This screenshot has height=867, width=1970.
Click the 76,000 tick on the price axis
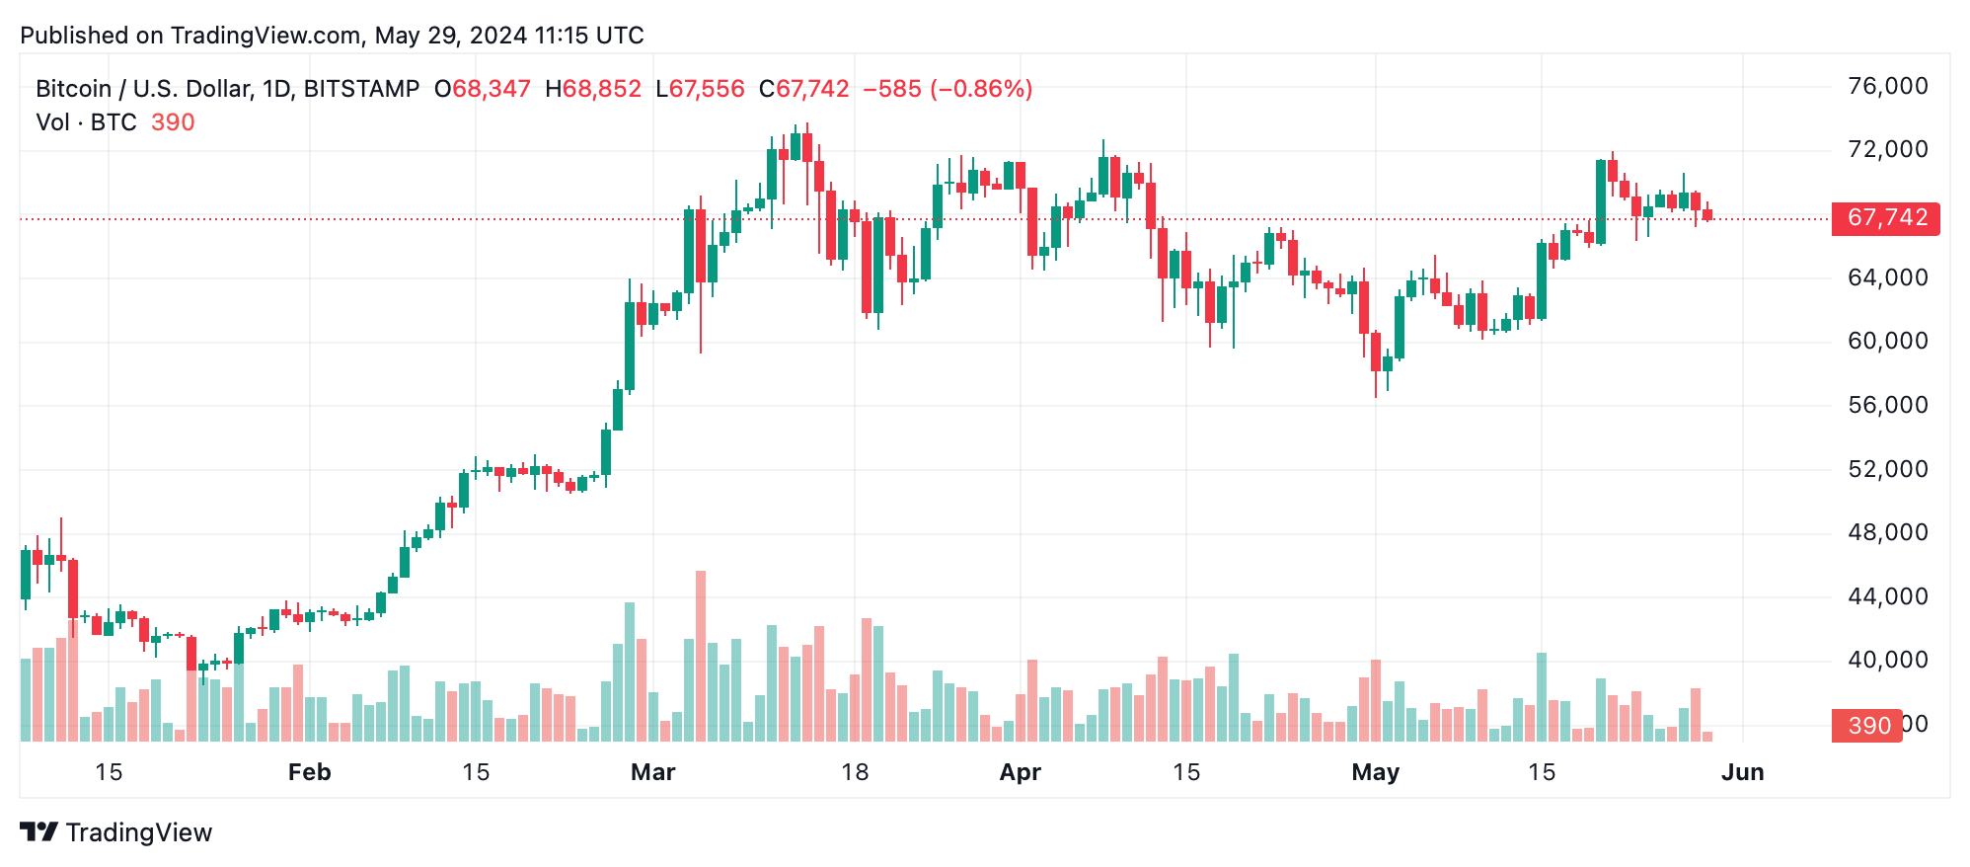tap(1887, 87)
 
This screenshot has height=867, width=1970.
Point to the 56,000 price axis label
tap(1887, 405)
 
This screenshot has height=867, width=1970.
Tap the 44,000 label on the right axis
tap(1887, 596)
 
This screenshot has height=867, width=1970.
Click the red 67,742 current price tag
tap(1885, 218)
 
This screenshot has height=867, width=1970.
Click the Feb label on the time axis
tap(309, 772)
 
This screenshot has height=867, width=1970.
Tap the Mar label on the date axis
tap(652, 772)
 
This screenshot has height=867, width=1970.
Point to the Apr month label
tap(1020, 772)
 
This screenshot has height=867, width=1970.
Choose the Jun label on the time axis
tap(1742, 772)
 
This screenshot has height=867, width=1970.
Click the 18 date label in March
tap(855, 772)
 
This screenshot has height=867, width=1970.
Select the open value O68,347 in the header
tap(483, 89)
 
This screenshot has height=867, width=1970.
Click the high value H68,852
tap(593, 89)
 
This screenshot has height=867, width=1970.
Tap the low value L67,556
tap(700, 89)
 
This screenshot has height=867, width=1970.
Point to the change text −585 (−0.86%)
tap(947, 89)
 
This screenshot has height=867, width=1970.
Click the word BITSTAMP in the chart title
tap(361, 89)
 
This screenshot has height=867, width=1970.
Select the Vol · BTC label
tap(86, 122)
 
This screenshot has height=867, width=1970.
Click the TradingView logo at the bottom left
tap(116, 832)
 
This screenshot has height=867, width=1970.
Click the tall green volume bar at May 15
tap(1542, 696)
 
